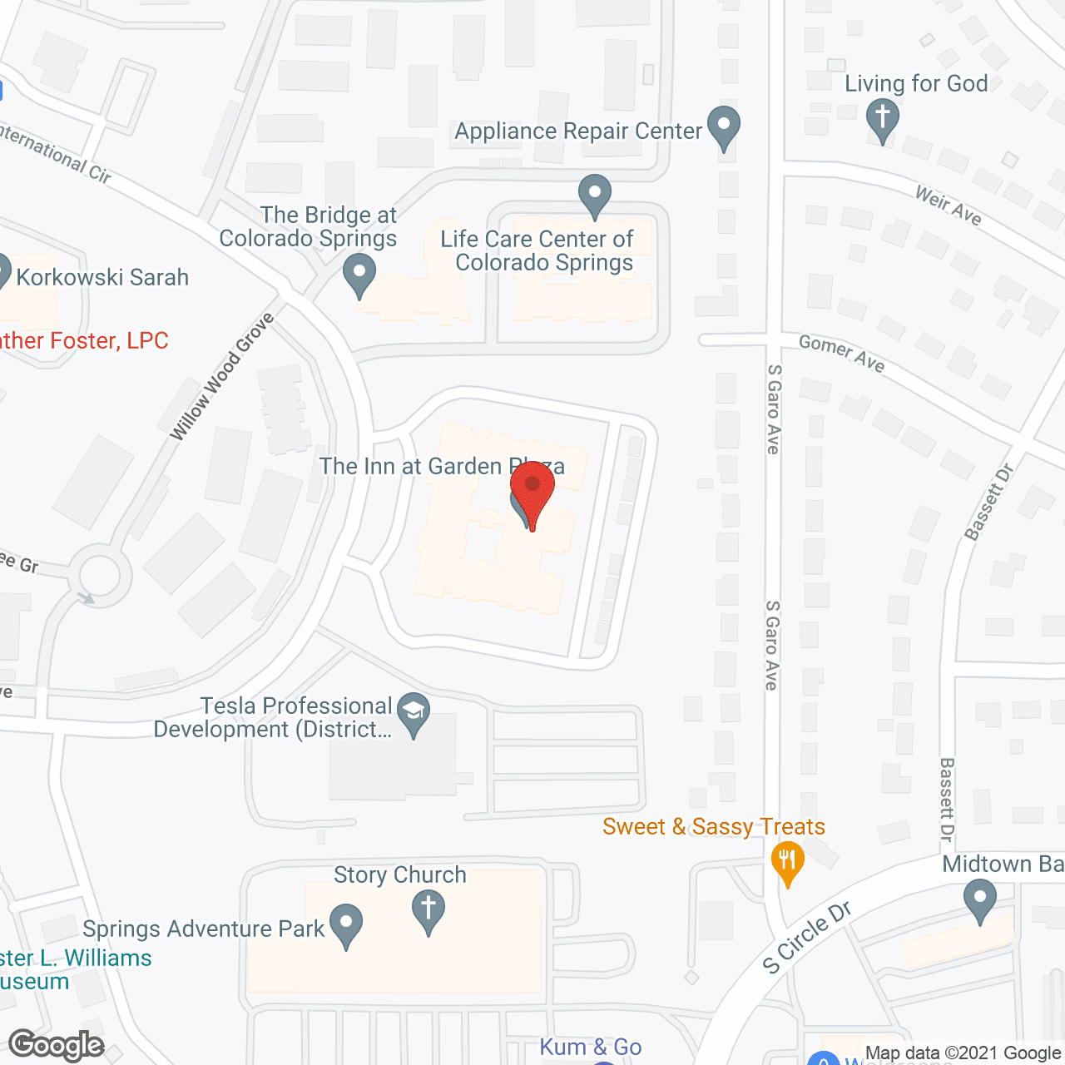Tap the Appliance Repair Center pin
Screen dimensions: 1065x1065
(723, 126)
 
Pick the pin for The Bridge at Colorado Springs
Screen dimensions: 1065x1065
(359, 275)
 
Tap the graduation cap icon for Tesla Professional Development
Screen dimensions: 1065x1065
(414, 714)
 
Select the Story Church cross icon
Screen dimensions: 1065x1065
(428, 910)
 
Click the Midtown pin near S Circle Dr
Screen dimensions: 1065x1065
(979, 901)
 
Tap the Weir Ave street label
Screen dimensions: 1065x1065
(949, 206)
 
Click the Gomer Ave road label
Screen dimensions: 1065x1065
(841, 353)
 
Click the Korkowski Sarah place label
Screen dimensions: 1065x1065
(102, 277)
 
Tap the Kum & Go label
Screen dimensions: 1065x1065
(591, 1047)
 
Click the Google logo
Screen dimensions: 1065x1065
(57, 1045)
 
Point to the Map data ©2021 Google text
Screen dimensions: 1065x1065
(963, 1053)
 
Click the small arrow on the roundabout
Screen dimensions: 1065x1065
(85, 597)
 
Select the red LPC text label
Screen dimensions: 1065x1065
(83, 340)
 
